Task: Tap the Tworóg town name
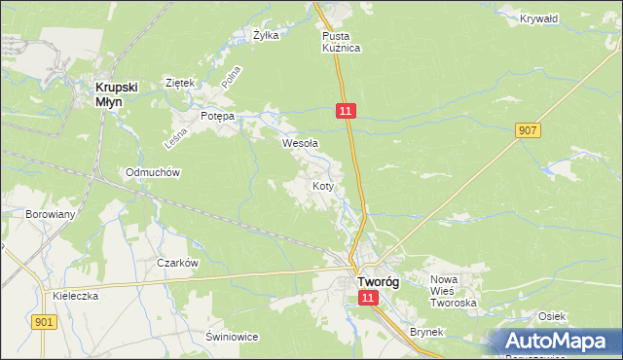point(377,281)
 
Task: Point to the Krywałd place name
point(538,18)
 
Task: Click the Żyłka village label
point(266,35)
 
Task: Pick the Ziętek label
point(182,83)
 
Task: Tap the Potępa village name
point(217,116)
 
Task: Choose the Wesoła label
point(300,143)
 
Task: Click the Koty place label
point(324,185)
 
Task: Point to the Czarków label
point(178,263)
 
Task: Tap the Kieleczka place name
point(77,296)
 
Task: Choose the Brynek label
point(426,332)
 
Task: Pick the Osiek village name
point(552,316)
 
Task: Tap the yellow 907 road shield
point(529,130)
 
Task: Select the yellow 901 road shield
point(43,322)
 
